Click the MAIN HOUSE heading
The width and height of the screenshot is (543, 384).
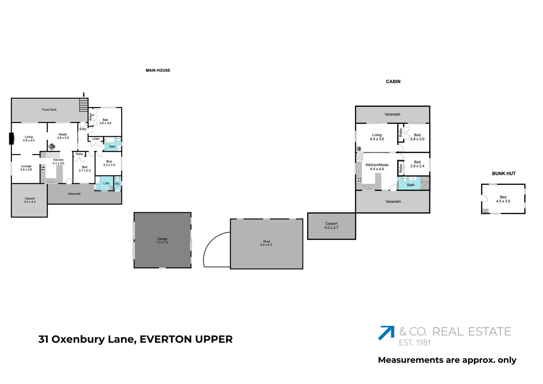click(158, 70)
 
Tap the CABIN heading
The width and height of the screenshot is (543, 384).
click(393, 82)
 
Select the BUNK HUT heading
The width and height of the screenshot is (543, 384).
click(504, 174)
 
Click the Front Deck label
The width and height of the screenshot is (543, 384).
click(49, 110)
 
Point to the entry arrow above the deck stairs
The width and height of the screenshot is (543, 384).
click(84, 95)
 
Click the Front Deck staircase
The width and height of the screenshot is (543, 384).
click(84, 105)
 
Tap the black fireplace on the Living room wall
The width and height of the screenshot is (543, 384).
click(11, 139)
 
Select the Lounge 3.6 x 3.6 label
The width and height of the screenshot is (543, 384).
click(26, 168)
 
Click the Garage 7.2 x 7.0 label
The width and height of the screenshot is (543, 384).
click(162, 241)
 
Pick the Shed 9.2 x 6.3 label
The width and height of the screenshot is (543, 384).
click(266, 243)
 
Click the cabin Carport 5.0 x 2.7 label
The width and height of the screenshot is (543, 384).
click(331, 225)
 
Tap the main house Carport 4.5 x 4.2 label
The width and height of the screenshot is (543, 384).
click(30, 200)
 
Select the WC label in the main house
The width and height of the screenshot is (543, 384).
click(117, 184)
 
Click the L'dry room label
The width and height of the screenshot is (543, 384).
click(106, 183)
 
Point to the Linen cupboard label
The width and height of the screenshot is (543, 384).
click(96, 139)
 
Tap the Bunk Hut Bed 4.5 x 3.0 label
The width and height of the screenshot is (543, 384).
click(503, 199)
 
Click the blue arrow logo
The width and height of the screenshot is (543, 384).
click(386, 332)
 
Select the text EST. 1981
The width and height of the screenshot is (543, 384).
click(415, 343)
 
